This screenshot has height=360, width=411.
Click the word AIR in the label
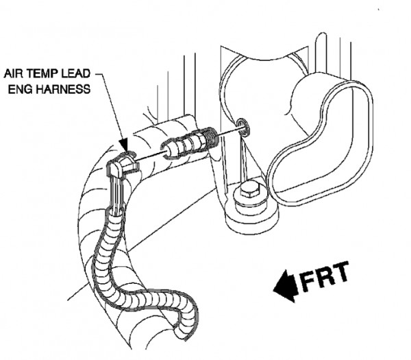pos(14,74)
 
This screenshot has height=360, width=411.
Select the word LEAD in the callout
pos(76,74)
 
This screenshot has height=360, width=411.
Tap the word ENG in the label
pos(20,89)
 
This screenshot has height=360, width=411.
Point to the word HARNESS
pos(63,89)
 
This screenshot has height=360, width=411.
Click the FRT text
pos(325,277)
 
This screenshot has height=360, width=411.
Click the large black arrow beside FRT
pos(286,287)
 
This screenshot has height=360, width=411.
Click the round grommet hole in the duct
pos(242,128)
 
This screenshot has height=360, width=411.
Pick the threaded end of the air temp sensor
pos(212,136)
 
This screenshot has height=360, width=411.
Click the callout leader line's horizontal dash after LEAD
pos(99,74)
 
